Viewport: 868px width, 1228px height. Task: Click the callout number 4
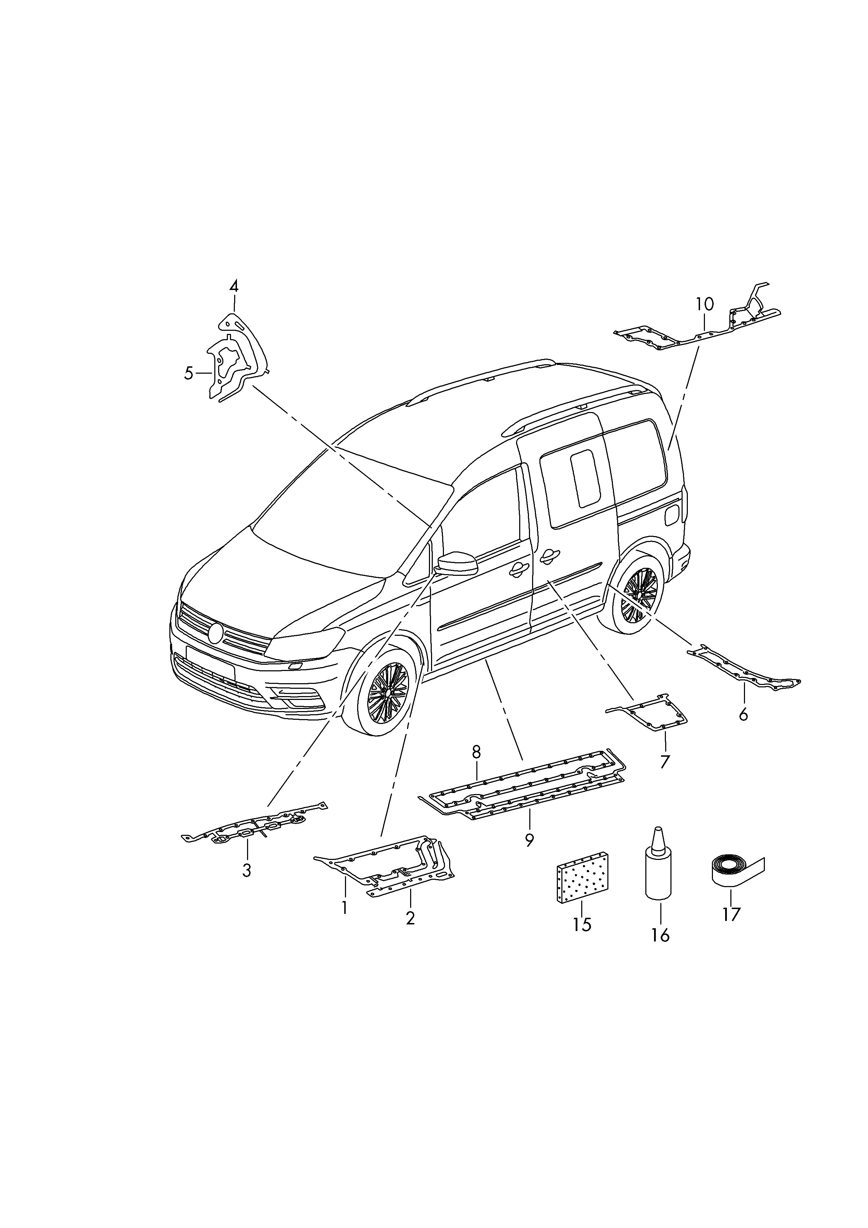[234, 286]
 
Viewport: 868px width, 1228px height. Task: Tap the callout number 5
[188, 373]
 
